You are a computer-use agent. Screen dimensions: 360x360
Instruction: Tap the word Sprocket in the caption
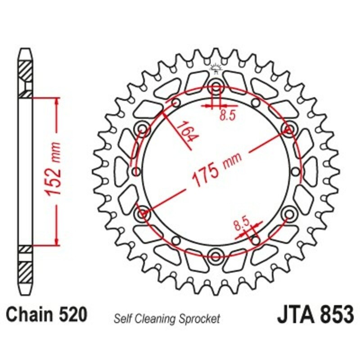(x=199, y=319)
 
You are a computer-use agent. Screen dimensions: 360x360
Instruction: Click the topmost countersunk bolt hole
(x=216, y=87)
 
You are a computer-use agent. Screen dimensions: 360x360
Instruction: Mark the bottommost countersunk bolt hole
(x=216, y=256)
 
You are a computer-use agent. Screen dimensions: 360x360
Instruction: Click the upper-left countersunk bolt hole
(x=143, y=130)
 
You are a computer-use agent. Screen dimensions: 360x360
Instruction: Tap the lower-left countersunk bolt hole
(x=143, y=213)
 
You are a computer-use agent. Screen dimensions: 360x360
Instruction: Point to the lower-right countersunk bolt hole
(x=288, y=213)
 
